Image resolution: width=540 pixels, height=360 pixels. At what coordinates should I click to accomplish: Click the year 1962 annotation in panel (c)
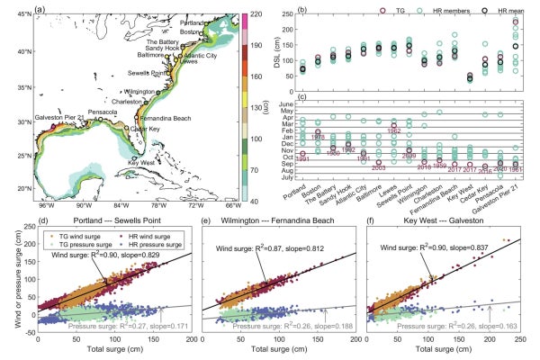(392, 130)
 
